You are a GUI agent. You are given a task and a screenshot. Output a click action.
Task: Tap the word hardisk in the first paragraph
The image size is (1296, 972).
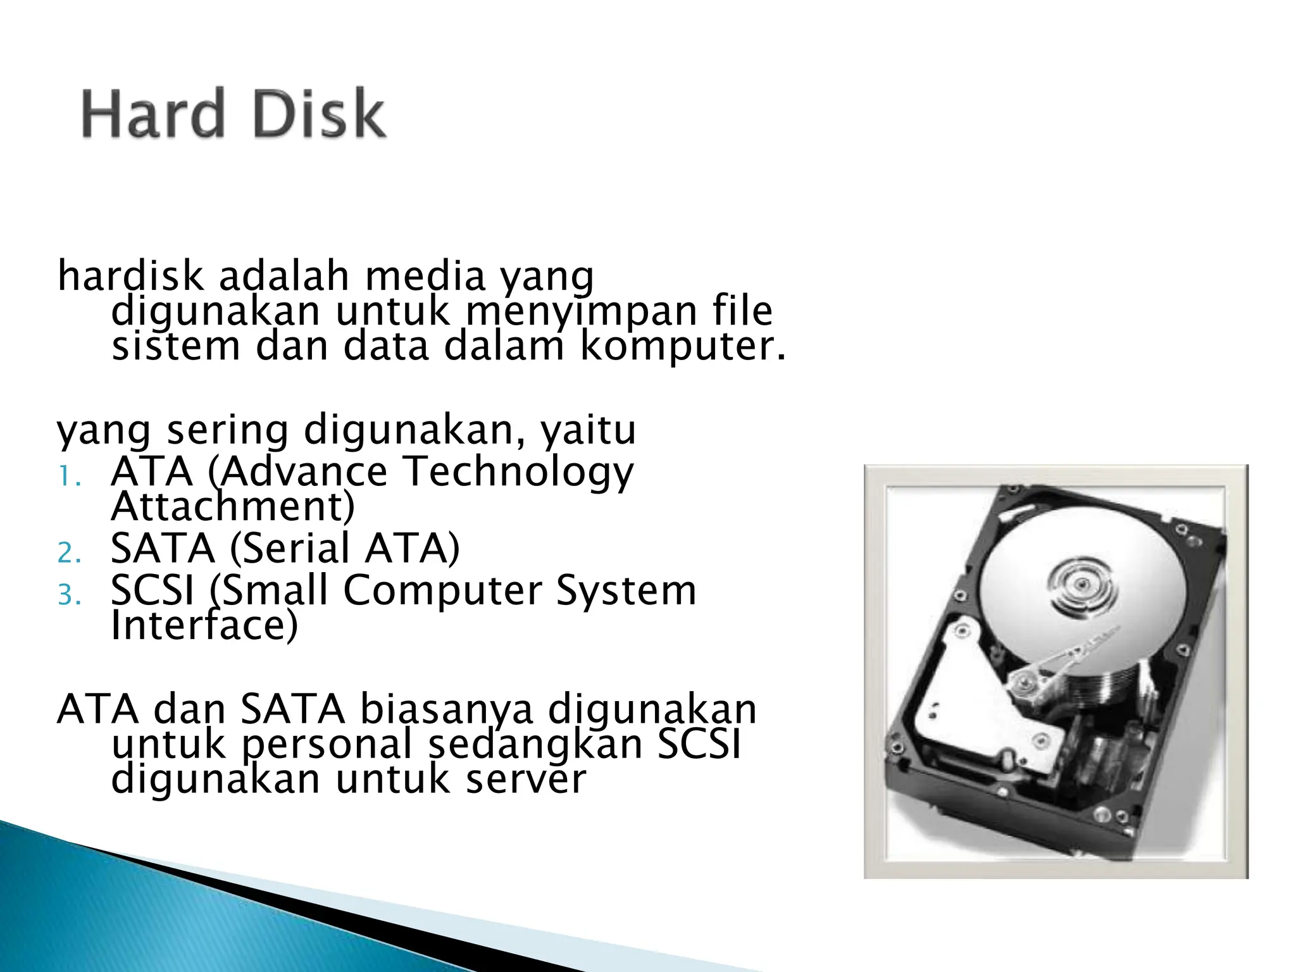click(130, 277)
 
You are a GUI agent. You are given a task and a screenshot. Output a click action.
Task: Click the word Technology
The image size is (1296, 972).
click(518, 472)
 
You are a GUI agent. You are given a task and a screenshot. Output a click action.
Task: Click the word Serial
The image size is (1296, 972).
click(289, 548)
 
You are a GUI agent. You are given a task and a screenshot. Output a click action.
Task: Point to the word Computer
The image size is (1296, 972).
click(443, 590)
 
